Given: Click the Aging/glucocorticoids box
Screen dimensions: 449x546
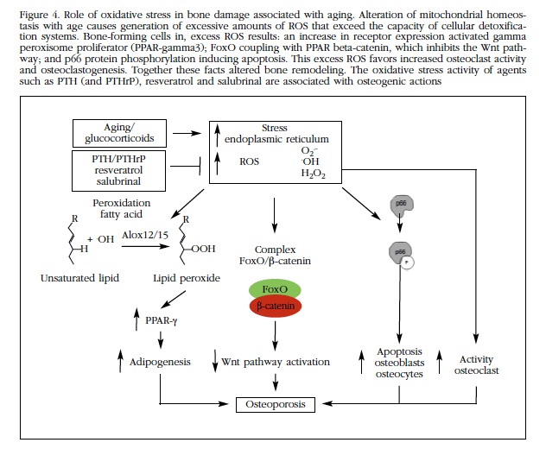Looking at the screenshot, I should (x=118, y=135).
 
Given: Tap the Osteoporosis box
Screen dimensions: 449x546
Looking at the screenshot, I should (x=276, y=402).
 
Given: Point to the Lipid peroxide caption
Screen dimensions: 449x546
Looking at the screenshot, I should (x=186, y=279).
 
